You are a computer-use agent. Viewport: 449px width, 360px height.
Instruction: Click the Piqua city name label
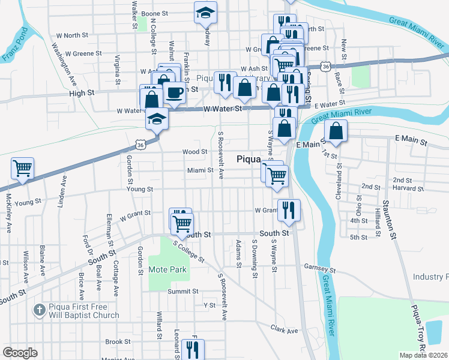[x=250, y=159]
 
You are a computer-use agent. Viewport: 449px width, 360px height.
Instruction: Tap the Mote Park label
[x=167, y=269]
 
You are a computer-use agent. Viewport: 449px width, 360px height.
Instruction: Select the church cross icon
[x=40, y=310]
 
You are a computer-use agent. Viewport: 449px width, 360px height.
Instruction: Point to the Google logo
[x=20, y=353]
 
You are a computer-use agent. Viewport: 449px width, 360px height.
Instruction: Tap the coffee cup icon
[x=175, y=94]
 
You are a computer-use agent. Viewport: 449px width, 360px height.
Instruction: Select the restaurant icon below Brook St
[x=192, y=349]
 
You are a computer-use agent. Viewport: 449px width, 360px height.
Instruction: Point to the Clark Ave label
[x=284, y=330]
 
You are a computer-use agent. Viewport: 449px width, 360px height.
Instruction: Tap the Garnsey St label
[x=318, y=266]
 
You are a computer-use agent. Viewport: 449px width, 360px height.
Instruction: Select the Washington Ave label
[x=64, y=62]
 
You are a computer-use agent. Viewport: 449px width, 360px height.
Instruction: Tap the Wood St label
[x=195, y=152]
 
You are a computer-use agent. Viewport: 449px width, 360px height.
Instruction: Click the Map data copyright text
[x=423, y=355]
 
